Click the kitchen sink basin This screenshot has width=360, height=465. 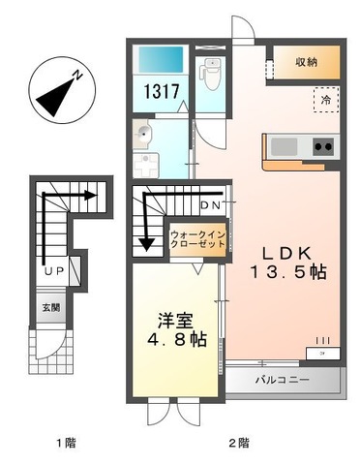click(284, 146)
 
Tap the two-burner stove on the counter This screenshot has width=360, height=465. click(322, 147)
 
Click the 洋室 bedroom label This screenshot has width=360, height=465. click(177, 318)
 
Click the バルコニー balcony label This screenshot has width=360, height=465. click(283, 380)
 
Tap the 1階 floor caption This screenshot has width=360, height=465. click(65, 444)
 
